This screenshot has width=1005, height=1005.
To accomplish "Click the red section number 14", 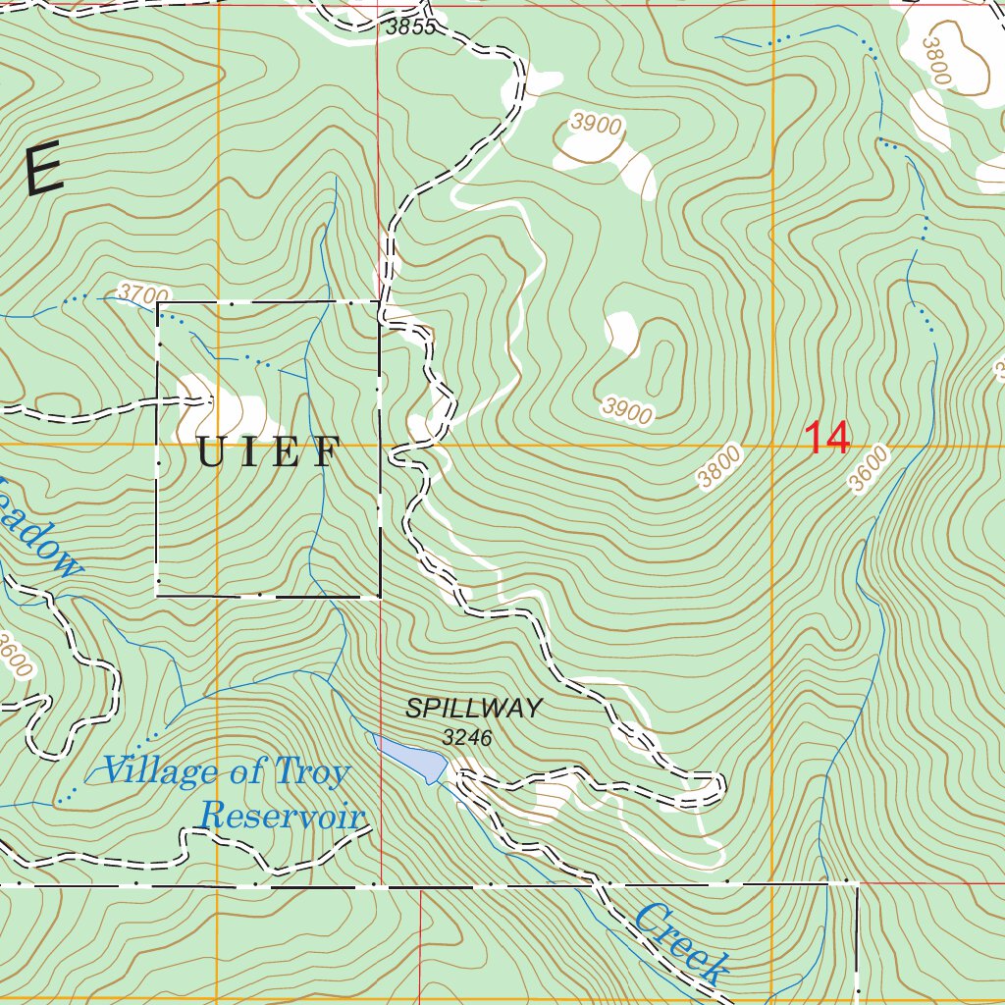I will point(827,438).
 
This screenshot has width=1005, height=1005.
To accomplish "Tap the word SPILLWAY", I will point(474,708).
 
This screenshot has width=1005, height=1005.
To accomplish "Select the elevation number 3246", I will point(467,736).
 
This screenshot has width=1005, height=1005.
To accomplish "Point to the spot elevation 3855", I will point(410,27).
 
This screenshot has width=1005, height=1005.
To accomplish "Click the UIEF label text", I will point(269,452).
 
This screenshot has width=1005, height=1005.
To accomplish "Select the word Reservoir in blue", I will point(283,816).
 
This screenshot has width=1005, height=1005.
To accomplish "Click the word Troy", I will point(311,772).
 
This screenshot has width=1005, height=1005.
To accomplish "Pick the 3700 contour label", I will point(143,292).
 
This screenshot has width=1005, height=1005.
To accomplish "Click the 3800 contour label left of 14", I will point(720,466).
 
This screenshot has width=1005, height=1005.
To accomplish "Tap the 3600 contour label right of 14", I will point(869,469).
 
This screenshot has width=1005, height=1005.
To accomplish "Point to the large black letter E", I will point(43,170).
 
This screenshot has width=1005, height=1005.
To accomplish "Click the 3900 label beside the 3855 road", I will point(596,125).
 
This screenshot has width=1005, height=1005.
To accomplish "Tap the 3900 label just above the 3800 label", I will point(628,410).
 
